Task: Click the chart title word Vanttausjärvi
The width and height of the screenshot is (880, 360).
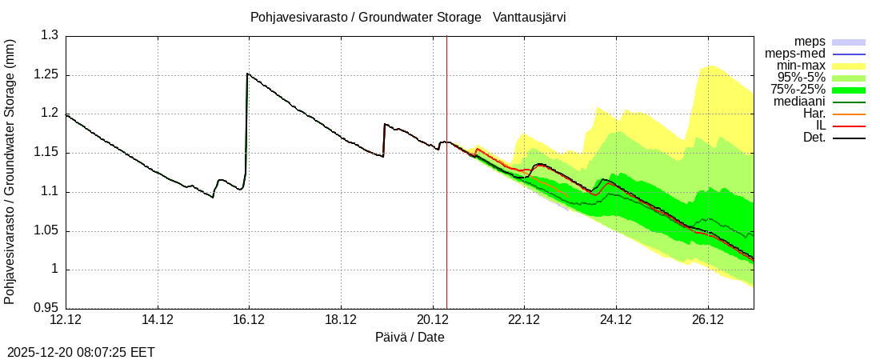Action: pyautogui.click(x=530, y=17)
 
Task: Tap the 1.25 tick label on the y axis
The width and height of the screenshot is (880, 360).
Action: pyautogui.click(x=43, y=75)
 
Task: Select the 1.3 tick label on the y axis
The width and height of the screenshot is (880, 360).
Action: pyautogui.click(x=50, y=36)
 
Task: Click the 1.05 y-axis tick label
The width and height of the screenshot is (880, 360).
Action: pyautogui.click(x=43, y=231)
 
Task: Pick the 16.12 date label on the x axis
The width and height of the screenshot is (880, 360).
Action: pyautogui.click(x=249, y=320)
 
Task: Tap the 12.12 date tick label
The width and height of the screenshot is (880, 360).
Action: pyautogui.click(x=66, y=320)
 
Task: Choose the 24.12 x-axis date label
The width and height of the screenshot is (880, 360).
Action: pyautogui.click(x=616, y=320)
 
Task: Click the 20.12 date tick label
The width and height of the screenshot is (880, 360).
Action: pyautogui.click(x=433, y=320)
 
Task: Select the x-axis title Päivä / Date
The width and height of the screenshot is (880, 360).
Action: pyautogui.click(x=410, y=338)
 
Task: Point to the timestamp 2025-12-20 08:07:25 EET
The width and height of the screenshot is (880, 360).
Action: pyautogui.click(x=81, y=352)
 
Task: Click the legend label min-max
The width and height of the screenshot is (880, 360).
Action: pyautogui.click(x=801, y=66)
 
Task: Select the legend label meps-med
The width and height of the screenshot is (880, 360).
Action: pyautogui.click(x=797, y=54)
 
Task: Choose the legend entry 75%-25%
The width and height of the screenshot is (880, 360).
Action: pyautogui.click(x=798, y=90)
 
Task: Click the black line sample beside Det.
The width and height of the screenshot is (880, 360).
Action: pyautogui.click(x=849, y=138)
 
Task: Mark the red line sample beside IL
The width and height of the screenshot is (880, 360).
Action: pyautogui.click(x=849, y=126)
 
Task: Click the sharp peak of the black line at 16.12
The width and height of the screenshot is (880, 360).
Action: pyautogui.click(x=248, y=74)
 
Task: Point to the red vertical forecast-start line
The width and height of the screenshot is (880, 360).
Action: pyautogui.click(x=446, y=200)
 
